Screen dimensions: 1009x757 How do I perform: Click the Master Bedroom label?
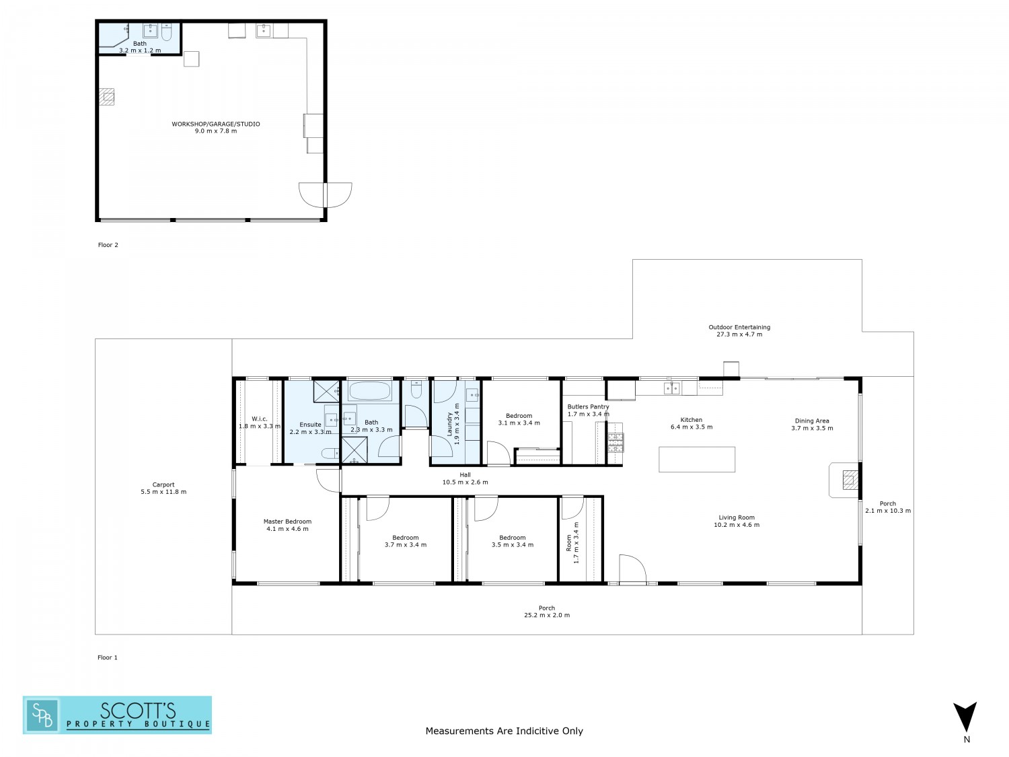pyautogui.click(x=287, y=521)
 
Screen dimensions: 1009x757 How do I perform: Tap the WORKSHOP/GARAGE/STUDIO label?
pyautogui.click(x=216, y=124)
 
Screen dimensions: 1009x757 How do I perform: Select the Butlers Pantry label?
pyautogui.click(x=588, y=407)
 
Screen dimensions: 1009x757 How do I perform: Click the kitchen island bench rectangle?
pyautogui.click(x=696, y=459)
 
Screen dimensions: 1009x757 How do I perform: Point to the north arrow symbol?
pyautogui.click(x=965, y=717)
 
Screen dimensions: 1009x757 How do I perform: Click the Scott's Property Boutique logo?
pyautogui.click(x=117, y=715)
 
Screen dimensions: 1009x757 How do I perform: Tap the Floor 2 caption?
pyautogui.click(x=108, y=245)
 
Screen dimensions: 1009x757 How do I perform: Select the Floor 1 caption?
pyautogui.click(x=108, y=657)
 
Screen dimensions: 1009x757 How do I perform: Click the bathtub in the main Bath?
pyautogui.click(x=369, y=392)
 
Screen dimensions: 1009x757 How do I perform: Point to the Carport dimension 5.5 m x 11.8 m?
pyautogui.click(x=163, y=492)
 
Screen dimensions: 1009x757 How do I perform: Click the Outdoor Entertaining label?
pyautogui.click(x=739, y=327)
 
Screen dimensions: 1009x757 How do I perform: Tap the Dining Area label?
pyautogui.click(x=812, y=421)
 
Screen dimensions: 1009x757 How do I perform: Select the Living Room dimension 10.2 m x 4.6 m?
pyautogui.click(x=737, y=524)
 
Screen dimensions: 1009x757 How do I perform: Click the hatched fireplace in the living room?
pyautogui.click(x=850, y=480)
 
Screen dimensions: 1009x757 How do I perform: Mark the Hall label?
pyautogui.click(x=465, y=475)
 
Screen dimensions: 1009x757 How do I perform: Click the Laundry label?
pyautogui.click(x=449, y=424)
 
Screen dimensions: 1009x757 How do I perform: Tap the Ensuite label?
pyautogui.click(x=310, y=424)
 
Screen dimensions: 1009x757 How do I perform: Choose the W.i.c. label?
pyautogui.click(x=259, y=419)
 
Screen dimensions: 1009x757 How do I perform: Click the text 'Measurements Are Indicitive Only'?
pyautogui.click(x=504, y=731)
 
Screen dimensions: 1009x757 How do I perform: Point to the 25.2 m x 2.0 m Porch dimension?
pyautogui.click(x=547, y=615)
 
